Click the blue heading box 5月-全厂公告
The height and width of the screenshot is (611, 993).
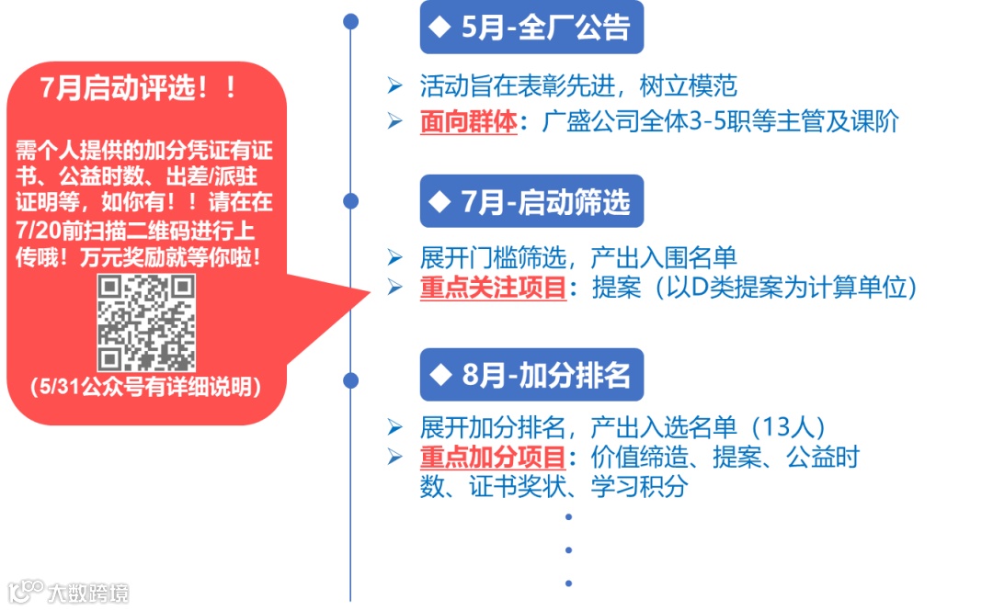pos(531,28)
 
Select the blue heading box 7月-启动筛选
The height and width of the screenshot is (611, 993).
pos(531,201)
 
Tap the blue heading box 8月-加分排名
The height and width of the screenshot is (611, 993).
pos(531,375)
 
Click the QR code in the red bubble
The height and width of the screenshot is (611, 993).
pos(147,322)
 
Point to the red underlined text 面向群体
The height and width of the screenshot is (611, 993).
pos(469,122)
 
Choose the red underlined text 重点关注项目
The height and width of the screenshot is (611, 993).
pos(494,288)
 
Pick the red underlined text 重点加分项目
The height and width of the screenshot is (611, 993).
pos(494,457)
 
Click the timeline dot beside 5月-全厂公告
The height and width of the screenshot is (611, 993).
pos(350,21)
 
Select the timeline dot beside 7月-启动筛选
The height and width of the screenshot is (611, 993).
pos(350,201)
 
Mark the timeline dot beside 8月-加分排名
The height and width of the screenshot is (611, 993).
pos(350,378)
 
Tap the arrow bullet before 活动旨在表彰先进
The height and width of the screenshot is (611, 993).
pos(395,87)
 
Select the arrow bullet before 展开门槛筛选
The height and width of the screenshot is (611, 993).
pos(395,259)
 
